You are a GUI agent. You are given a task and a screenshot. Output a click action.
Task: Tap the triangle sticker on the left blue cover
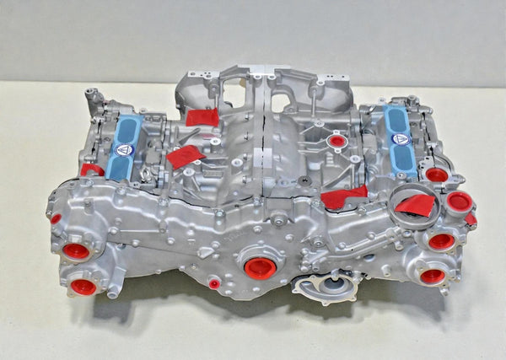coord(124,149)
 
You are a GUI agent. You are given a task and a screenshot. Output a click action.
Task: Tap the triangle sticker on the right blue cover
coord(401,138)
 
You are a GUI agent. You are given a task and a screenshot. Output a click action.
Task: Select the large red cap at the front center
coord(261,268)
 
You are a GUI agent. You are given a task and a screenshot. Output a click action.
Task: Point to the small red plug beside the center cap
coord(214,283)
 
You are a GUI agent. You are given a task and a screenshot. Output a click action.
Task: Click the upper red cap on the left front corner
coord(76,250)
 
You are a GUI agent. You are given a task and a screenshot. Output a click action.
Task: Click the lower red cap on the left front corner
coord(83,287)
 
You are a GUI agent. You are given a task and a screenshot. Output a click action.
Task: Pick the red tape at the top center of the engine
coord(202,117)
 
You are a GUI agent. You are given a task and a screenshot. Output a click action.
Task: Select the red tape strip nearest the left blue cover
coord(185,156)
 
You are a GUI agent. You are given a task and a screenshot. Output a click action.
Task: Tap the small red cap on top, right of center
coord(337,141)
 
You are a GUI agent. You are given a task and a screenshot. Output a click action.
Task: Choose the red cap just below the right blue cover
coord(436,175)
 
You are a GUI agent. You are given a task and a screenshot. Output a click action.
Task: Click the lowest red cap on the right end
coord(433,276)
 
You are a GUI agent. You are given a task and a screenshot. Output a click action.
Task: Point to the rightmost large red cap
coord(460,201)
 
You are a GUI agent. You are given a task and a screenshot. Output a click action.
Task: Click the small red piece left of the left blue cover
coord(92,169)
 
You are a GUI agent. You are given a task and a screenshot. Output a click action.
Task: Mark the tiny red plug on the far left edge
coord(56,218)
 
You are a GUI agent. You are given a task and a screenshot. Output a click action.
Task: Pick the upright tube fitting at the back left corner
coord(92,98)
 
